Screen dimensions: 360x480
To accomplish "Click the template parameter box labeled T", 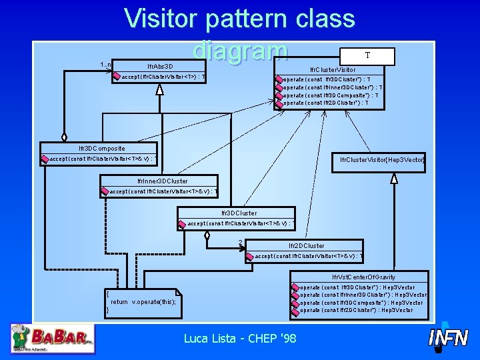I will coord(367,57).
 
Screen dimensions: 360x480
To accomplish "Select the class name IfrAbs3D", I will coord(160,67).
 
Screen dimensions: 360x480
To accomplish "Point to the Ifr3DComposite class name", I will coord(101,148).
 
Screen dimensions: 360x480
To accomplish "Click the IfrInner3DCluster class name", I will coord(162,181).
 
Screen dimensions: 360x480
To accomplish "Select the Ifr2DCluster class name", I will coord(307,246).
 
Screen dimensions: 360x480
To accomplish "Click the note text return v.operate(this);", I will coord(143,302).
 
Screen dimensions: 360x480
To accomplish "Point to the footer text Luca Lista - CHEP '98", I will coord(240,339).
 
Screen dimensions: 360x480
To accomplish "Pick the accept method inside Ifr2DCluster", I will coord(309,256).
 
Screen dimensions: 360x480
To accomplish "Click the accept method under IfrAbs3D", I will coord(163,77).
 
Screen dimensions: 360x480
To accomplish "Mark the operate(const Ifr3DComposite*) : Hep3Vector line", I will coord(361,303).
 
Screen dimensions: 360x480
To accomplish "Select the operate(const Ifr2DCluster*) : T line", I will coord(326,103).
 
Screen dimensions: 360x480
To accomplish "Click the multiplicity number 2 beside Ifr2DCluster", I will coord(239,243).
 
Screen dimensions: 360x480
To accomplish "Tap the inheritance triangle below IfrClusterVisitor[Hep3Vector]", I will coord(395,178).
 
